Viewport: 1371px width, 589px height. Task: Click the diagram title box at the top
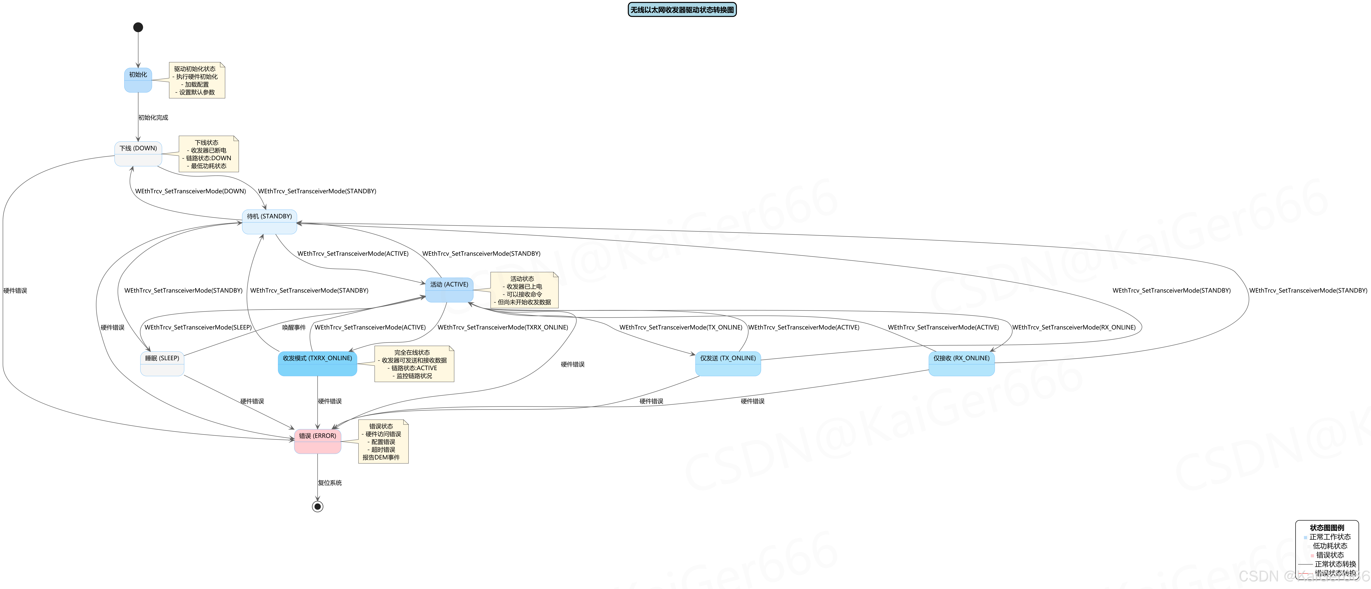tap(682, 10)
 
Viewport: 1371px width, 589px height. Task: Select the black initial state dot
tap(138, 27)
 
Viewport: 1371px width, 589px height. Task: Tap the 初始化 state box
tap(138, 80)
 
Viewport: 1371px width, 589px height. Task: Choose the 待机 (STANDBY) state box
tap(269, 221)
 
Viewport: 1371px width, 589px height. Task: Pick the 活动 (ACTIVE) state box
tap(449, 289)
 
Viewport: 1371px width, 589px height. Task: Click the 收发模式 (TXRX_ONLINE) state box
tap(317, 363)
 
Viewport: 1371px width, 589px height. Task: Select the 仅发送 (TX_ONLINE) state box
tap(728, 363)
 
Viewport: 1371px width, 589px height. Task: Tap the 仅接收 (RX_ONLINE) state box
tap(961, 363)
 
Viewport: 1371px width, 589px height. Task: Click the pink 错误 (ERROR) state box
tap(317, 441)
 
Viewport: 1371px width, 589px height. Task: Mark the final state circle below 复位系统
tap(317, 507)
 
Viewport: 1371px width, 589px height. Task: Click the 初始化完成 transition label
tap(153, 118)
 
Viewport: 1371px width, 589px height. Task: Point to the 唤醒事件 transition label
tap(294, 327)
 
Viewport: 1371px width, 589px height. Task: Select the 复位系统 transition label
tap(330, 483)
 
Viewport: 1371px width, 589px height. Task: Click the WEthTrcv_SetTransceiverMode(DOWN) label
tap(191, 191)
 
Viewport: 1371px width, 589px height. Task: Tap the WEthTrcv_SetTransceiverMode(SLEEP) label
tap(198, 327)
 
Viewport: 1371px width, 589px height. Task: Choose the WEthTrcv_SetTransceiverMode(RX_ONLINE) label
tap(1073, 327)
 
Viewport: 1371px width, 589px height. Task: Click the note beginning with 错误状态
tap(383, 442)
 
